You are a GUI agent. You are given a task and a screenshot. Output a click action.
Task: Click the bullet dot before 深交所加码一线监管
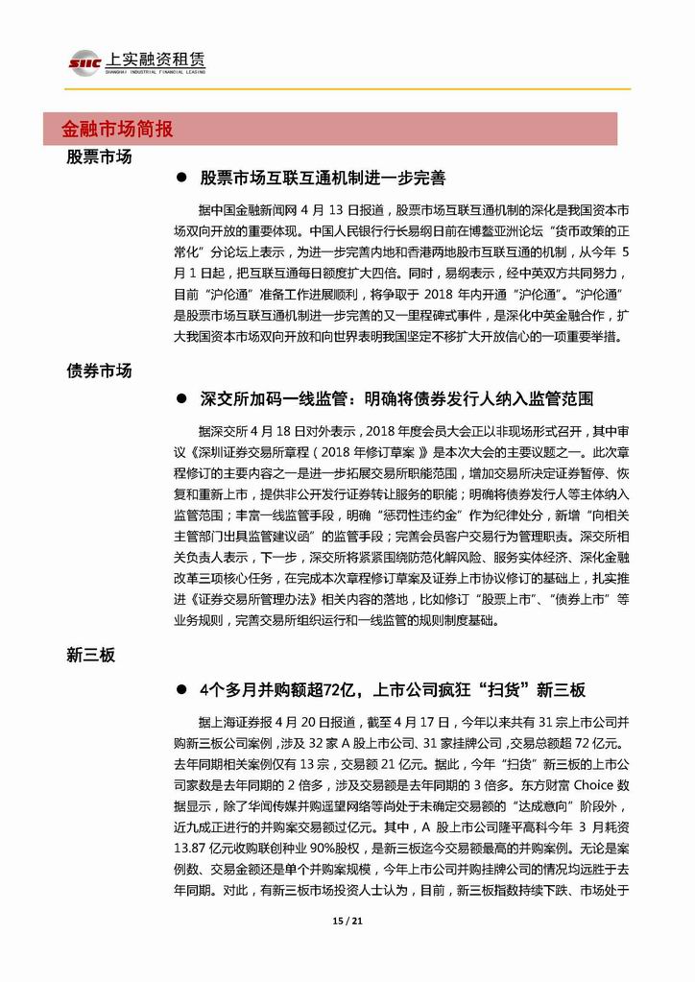180,395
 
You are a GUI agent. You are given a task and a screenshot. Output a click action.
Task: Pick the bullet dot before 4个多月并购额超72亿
180,690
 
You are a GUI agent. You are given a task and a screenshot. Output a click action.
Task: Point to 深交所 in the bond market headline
226,395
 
